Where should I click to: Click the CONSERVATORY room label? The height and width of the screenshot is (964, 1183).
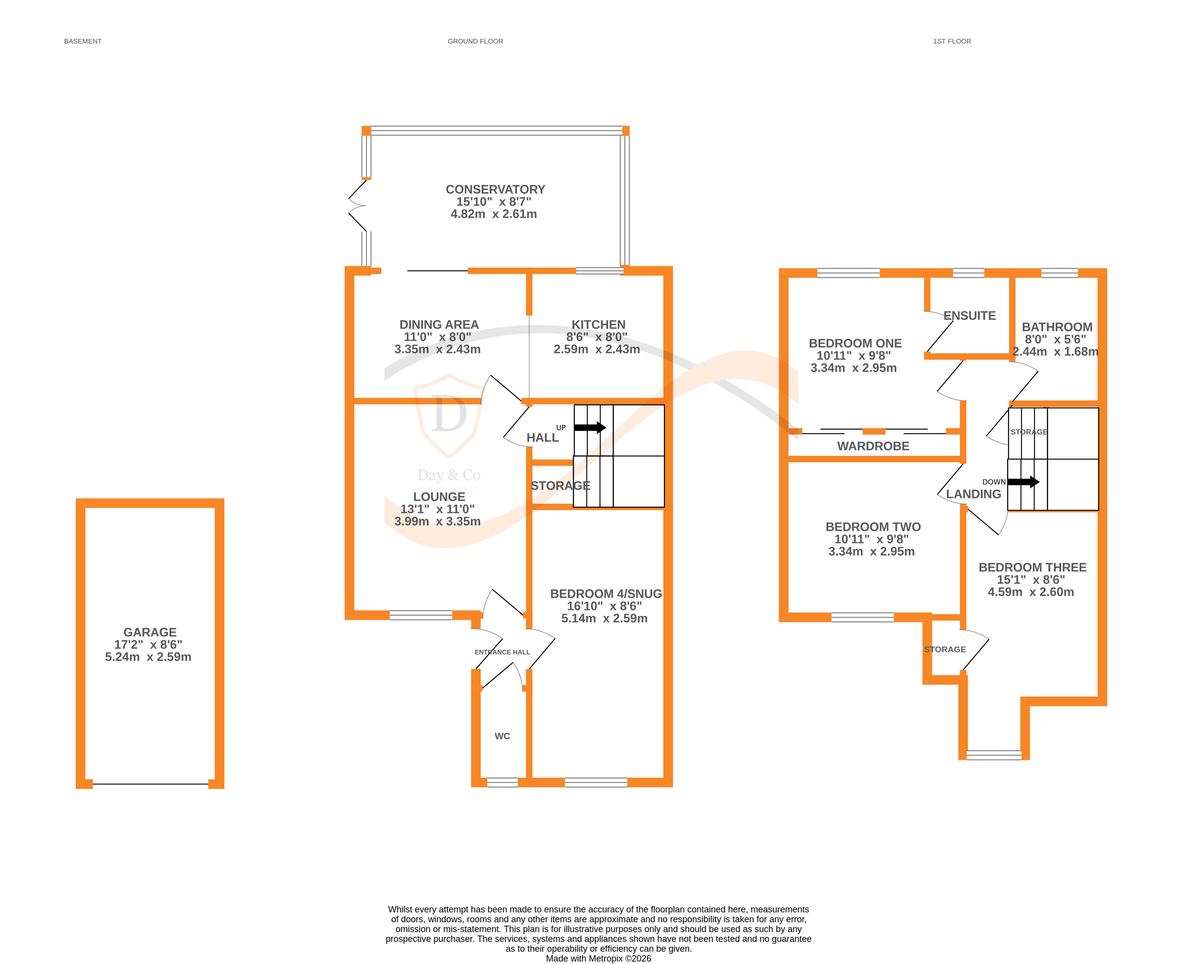[x=495, y=189]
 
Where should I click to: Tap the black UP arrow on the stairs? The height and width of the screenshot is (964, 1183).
[x=590, y=428]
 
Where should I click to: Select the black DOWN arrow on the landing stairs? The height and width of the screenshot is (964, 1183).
[x=1023, y=482]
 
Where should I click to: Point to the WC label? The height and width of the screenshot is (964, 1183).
[x=502, y=736]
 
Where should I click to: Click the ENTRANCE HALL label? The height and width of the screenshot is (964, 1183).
[x=502, y=652]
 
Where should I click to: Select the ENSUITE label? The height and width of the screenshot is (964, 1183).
[x=969, y=315]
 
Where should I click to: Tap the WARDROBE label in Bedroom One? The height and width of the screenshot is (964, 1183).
[x=873, y=446]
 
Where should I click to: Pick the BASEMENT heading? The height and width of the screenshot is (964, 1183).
[x=83, y=41]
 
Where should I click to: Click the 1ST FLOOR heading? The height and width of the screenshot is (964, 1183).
[x=951, y=41]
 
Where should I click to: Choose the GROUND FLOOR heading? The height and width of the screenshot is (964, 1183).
[x=475, y=41]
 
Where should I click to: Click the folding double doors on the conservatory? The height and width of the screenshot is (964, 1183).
[x=357, y=206]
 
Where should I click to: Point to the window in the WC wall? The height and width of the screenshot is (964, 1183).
[x=502, y=782]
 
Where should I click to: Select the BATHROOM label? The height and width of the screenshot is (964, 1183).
[x=1056, y=327]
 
